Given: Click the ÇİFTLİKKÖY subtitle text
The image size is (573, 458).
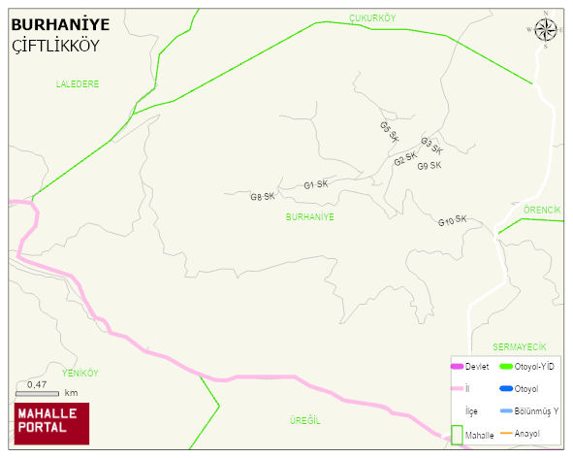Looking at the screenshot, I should (x=54, y=47).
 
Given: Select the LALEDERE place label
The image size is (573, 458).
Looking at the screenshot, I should (x=78, y=84).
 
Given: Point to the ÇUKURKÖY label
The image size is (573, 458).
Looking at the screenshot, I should (x=372, y=18).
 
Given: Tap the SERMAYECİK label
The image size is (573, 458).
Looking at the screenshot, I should (x=520, y=346).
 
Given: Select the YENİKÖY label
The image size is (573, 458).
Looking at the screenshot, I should (x=80, y=373).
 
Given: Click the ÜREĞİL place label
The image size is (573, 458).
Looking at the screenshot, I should (x=304, y=420).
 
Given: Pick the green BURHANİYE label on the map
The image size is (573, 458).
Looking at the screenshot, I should (x=310, y=217).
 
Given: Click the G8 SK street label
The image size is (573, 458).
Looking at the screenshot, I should (x=263, y=197).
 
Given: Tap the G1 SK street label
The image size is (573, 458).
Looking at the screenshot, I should (x=315, y=184).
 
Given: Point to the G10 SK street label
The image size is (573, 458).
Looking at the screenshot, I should (x=452, y=222).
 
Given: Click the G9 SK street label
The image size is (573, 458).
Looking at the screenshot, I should (x=430, y=166).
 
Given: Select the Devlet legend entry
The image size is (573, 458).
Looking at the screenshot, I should (x=469, y=366).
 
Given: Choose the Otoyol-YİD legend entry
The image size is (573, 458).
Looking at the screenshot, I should (x=526, y=366).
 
